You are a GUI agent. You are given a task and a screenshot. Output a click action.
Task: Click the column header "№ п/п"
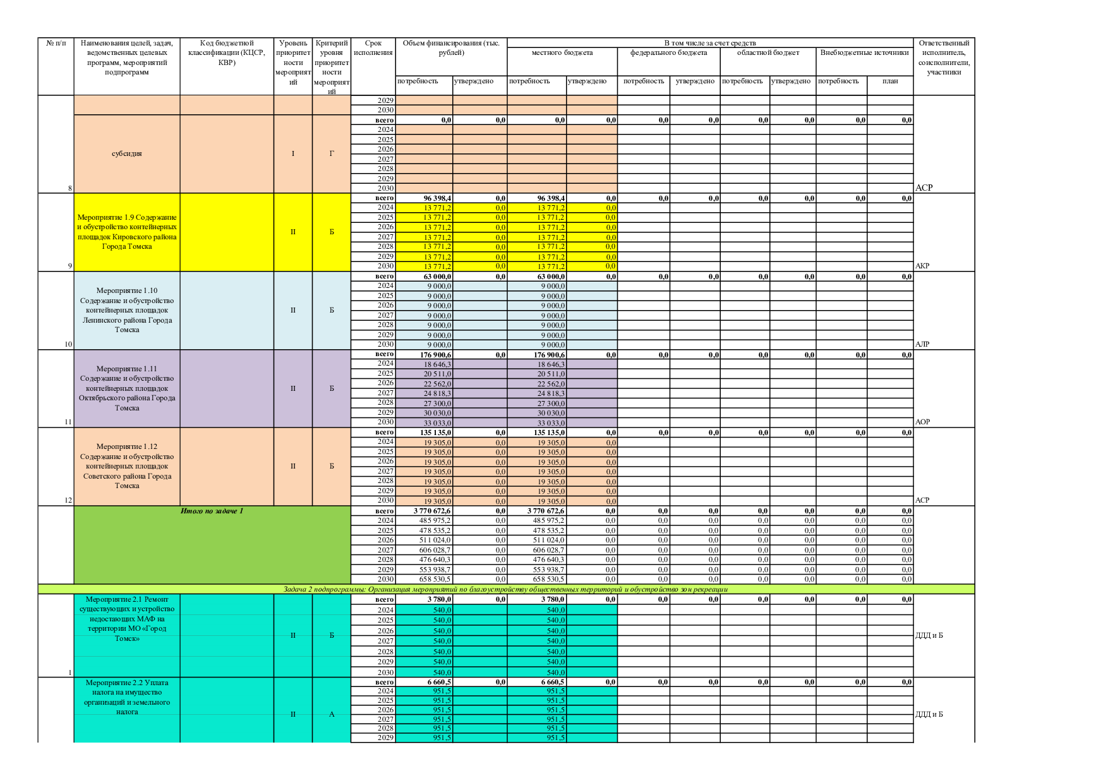coord(56,43)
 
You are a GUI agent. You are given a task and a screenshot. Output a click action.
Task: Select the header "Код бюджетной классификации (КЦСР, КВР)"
coord(226,52)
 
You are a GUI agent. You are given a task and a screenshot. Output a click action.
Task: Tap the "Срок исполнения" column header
coord(373,47)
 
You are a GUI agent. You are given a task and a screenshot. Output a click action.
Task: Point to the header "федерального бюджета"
coord(668,52)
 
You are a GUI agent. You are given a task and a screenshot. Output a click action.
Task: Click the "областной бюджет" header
coord(768,52)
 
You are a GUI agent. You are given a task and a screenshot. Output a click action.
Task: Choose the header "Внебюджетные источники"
coord(864,52)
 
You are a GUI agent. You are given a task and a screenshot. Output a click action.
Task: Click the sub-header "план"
coord(890,81)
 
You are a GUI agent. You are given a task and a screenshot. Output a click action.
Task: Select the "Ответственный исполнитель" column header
coord(944,57)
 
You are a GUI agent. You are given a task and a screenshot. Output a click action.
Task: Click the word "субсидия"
coord(127,153)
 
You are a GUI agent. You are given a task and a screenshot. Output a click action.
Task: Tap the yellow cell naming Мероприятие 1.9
coord(127,232)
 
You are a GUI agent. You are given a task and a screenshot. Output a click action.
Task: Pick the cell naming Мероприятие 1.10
coord(127,310)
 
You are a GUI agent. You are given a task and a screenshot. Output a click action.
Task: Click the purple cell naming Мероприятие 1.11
coord(127,388)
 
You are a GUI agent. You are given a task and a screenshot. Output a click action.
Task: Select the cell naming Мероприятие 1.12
coord(127,466)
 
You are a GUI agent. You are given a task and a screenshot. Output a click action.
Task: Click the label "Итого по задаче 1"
coord(212,511)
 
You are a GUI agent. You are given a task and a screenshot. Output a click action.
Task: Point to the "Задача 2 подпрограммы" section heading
coord(505,589)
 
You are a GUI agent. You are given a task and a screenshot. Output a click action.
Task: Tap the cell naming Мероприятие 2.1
coord(127,619)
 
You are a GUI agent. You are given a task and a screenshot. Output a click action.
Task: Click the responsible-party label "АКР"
coord(922,266)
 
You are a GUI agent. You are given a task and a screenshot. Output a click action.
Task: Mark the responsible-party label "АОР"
coord(922,422)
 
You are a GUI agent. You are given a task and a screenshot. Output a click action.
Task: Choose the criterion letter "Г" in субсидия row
coord(332,153)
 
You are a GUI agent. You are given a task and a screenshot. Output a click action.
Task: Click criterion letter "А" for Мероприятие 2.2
coord(332,714)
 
